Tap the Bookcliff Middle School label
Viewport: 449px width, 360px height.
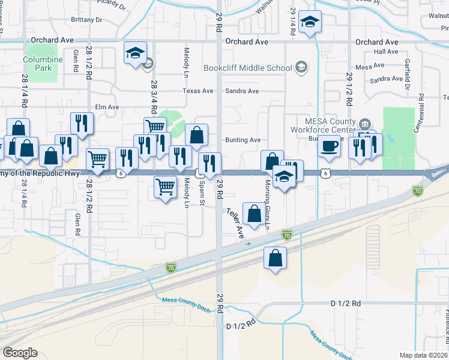point(247,68)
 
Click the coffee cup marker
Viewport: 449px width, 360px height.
point(329,146)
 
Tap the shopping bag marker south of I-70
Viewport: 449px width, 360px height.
point(275,259)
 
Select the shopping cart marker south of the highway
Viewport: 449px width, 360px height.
point(165,187)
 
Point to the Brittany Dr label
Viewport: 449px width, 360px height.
point(86,20)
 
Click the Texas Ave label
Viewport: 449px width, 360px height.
point(199,91)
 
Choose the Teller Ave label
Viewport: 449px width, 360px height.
point(235,221)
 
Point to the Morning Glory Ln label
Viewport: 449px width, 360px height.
point(268,204)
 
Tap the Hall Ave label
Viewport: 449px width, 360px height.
point(386,52)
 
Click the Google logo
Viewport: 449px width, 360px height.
point(20,352)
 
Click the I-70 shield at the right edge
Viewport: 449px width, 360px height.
point(417,191)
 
